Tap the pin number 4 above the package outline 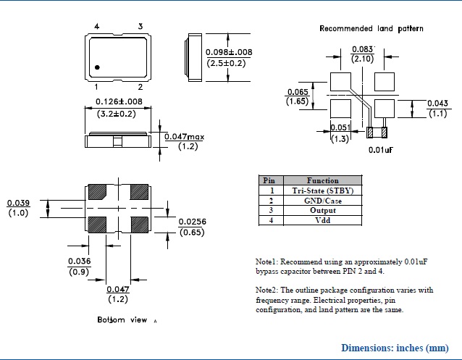(x=97, y=27)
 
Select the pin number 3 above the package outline (x=140, y=27)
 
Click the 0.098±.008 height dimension (x=229, y=52)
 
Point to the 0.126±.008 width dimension (x=120, y=101)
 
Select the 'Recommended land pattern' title (x=371, y=28)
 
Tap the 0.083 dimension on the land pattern (x=362, y=49)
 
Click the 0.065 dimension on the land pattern (x=298, y=92)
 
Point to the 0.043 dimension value (x=437, y=103)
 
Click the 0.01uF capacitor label (x=380, y=150)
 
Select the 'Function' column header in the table (x=322, y=180)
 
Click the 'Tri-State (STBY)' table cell (x=322, y=191)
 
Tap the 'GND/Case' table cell (x=322, y=201)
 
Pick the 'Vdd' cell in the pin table (x=322, y=220)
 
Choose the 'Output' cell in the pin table (x=322, y=211)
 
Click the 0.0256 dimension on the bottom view (x=192, y=222)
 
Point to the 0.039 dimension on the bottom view (x=18, y=203)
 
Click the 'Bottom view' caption (x=122, y=319)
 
